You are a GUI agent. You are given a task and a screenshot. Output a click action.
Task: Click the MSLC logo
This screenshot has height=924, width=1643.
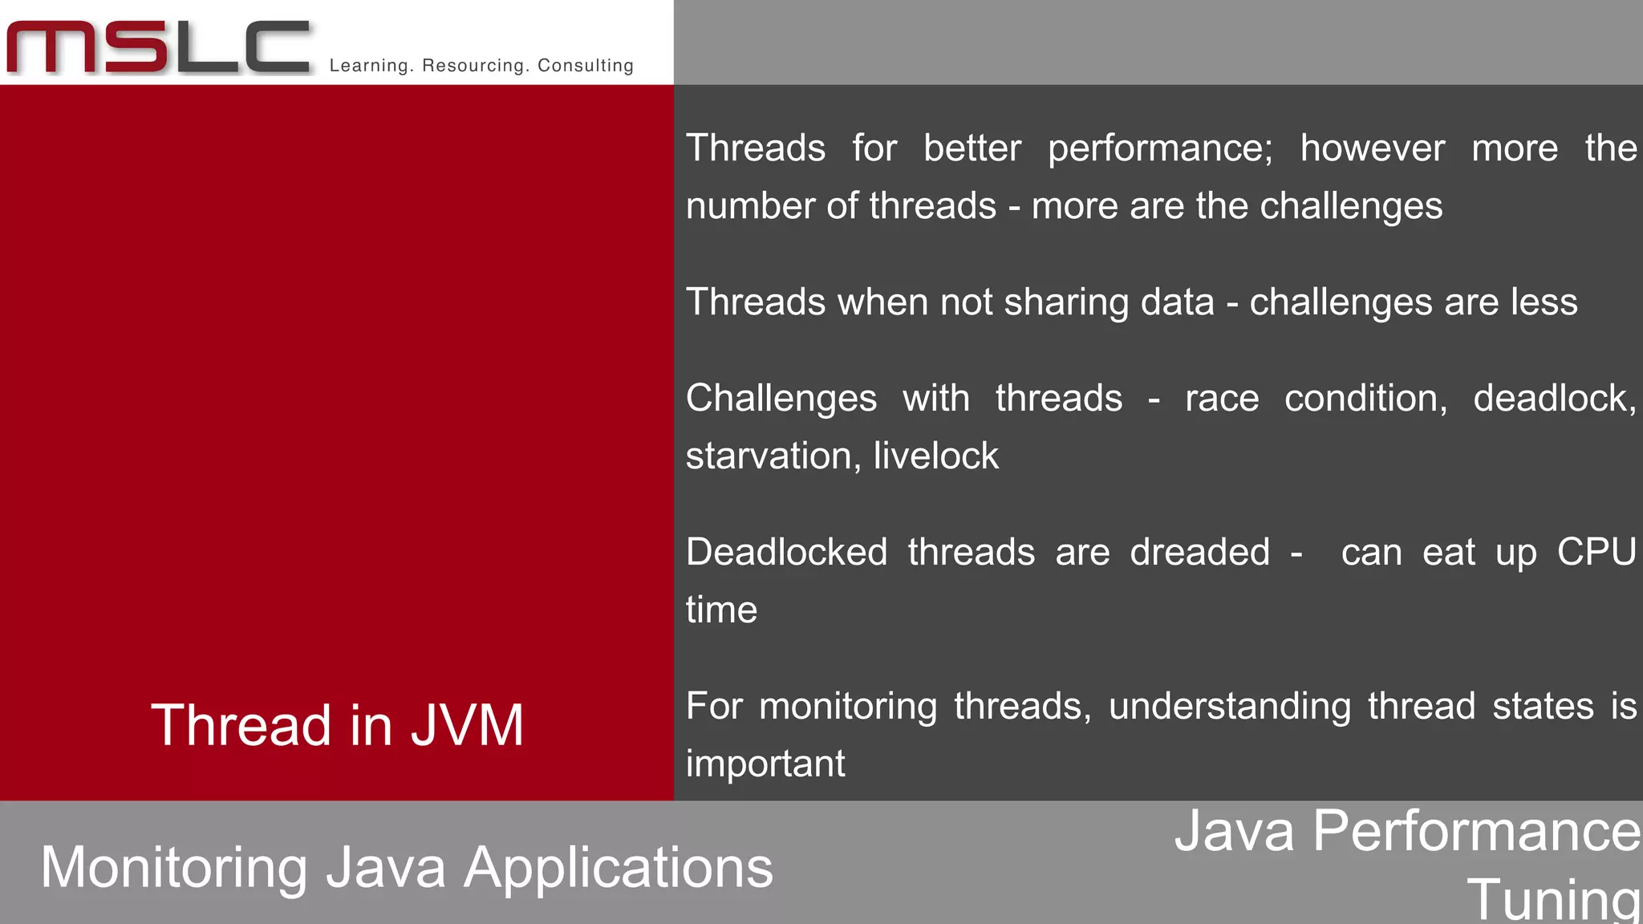pyautogui.click(x=158, y=47)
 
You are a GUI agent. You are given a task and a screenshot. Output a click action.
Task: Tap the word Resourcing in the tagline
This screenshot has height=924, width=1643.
pyautogui.click(x=471, y=66)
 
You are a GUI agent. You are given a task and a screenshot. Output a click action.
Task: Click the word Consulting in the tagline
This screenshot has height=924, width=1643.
pyautogui.click(x=585, y=66)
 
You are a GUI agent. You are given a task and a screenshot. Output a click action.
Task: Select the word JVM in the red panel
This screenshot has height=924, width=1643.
pyautogui.click(x=467, y=725)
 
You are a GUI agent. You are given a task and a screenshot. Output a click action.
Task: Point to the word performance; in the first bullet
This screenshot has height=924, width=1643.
pyautogui.click(x=1159, y=149)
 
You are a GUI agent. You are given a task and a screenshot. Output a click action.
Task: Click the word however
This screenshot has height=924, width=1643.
pyautogui.click(x=1372, y=148)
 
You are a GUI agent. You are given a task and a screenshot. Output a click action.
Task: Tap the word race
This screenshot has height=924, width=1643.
pyautogui.click(x=1221, y=399)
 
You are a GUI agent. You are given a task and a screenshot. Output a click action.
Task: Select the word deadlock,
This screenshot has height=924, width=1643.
pyautogui.click(x=1554, y=399)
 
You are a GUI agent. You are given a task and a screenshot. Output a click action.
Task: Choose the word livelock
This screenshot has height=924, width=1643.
pyautogui.click(x=935, y=456)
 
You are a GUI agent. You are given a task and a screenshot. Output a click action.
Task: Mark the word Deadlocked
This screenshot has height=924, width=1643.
pyautogui.click(x=786, y=553)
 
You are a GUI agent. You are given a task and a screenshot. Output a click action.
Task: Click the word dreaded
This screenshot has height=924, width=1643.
pyautogui.click(x=1199, y=553)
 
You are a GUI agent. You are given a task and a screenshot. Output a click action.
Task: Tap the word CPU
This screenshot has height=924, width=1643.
pyautogui.click(x=1596, y=553)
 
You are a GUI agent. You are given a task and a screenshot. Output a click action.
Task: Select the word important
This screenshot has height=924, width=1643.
pyautogui.click(x=765, y=764)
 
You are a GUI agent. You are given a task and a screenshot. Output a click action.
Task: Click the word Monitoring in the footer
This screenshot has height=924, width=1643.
pyautogui.click(x=174, y=869)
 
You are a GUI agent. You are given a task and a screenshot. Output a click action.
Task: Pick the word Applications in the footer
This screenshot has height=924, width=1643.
pyautogui.click(x=618, y=869)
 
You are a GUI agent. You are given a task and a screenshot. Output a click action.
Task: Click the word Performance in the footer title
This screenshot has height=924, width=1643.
pyautogui.click(x=1476, y=831)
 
